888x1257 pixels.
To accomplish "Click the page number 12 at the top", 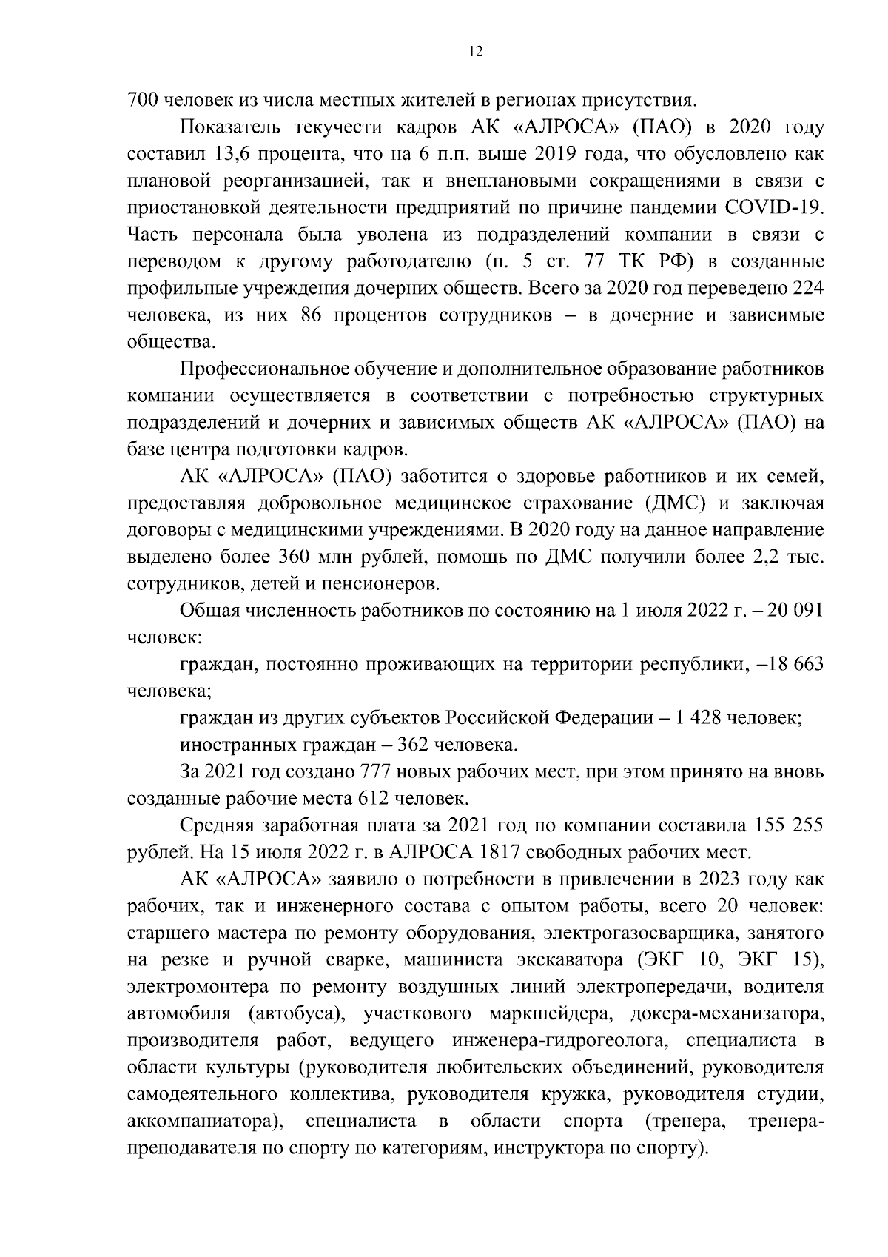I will pos(475,51).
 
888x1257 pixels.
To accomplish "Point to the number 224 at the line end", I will pos(808,288).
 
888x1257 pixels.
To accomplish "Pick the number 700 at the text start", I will pos(143,101).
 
